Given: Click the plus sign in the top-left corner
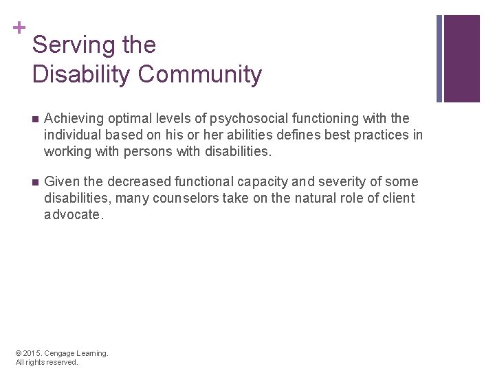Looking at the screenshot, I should click(x=21, y=27).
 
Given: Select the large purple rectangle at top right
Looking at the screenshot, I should click(x=462, y=58).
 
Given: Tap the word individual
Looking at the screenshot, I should click(x=72, y=135).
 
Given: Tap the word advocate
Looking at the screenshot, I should click(x=74, y=214).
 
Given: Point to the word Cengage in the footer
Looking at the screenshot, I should click(x=65, y=353).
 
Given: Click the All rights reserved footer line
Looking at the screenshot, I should click(x=47, y=362).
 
